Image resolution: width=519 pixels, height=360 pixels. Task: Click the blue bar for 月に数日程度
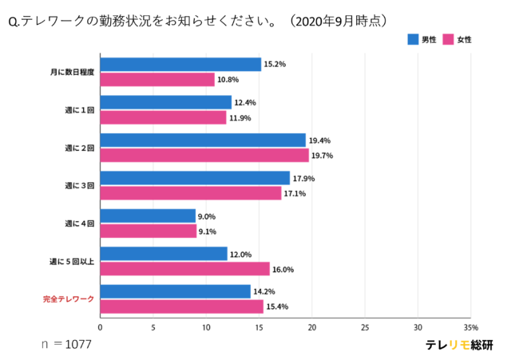180,65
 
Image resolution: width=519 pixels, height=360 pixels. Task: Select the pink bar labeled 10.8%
157,80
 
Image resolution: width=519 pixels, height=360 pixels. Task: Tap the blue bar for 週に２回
203,140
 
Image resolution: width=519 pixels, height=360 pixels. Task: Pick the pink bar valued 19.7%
204,156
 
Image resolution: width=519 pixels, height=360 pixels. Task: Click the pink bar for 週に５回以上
184,269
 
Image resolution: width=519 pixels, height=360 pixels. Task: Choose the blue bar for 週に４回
148,216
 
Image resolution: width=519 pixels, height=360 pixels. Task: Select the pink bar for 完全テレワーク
181,307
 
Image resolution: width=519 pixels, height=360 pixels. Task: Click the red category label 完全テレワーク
69,299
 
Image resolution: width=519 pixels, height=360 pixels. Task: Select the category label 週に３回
80,185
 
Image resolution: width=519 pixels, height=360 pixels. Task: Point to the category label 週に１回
80,109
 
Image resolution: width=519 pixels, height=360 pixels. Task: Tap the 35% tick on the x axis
470,327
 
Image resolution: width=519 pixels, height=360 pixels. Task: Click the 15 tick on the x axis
259,327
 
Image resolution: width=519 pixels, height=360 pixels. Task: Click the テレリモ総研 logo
459,345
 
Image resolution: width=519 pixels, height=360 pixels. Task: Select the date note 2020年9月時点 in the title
342,19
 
